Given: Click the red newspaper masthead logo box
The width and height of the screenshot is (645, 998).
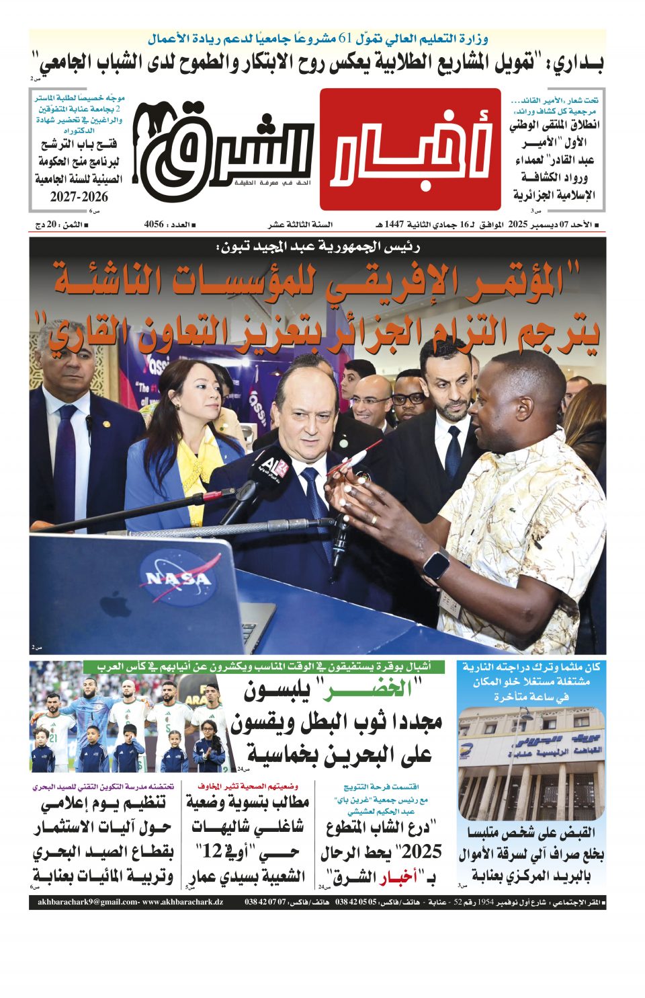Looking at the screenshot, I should pyautogui.click(x=411, y=149).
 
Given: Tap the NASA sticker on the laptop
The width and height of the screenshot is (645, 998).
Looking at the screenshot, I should pyautogui.click(x=178, y=577).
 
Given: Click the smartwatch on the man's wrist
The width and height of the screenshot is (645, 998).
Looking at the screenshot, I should pyautogui.click(x=437, y=563).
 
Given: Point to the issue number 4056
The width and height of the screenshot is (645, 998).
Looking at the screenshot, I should pyautogui.click(x=154, y=225).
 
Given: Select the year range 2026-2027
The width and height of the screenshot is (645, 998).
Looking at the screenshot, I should pyautogui.click(x=79, y=197).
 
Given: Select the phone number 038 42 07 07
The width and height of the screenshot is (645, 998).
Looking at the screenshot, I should pyautogui.click(x=265, y=902).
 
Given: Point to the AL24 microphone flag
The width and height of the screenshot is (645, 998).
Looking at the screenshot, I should pyautogui.click(x=274, y=466).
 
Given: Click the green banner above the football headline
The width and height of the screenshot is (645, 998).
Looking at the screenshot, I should pyautogui.click(x=265, y=667).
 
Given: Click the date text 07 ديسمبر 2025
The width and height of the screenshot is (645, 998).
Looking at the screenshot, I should pyautogui.click(x=540, y=225).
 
